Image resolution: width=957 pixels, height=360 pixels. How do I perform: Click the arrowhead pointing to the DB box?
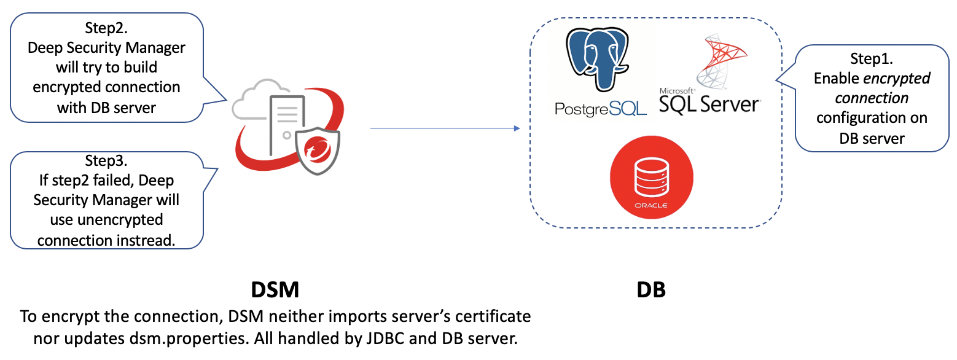pyautogui.click(x=516, y=128)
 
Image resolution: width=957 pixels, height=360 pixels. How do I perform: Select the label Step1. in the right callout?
pyautogui.click(x=871, y=59)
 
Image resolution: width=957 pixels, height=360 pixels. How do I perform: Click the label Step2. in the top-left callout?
pyautogui.click(x=106, y=28)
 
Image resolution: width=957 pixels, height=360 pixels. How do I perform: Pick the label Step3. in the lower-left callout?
pyautogui.click(x=106, y=161)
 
